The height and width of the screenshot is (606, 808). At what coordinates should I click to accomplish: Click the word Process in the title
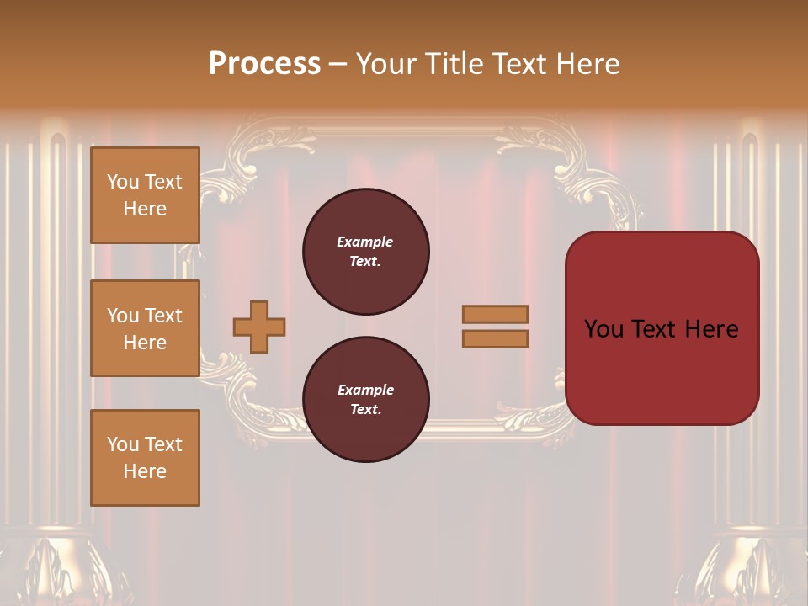point(264,64)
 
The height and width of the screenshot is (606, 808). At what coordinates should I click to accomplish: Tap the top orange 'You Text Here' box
point(145,195)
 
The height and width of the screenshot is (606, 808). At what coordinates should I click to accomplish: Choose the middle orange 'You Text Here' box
point(145,328)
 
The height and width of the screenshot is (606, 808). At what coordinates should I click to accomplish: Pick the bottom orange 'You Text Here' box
point(145,458)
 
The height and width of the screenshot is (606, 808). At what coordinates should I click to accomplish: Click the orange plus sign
point(259,327)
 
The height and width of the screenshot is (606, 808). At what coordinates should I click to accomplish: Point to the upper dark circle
point(365,251)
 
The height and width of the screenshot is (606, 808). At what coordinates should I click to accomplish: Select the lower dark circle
point(365,399)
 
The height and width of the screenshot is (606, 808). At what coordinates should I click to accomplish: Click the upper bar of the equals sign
point(495,314)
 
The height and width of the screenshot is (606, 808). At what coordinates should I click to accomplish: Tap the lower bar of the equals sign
point(495,338)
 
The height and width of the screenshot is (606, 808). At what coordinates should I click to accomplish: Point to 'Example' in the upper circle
point(364,242)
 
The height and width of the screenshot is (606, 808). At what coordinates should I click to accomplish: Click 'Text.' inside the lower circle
point(365,409)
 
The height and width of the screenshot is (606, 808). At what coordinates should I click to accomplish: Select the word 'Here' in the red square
point(711,329)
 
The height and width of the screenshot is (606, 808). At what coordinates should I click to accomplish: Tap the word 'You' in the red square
point(603,329)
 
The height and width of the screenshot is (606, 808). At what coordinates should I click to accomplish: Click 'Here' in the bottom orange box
point(145,471)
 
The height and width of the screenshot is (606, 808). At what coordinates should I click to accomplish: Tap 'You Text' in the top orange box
point(145,182)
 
